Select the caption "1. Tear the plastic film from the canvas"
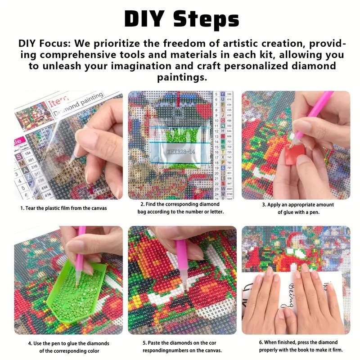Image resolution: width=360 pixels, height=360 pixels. [63, 208]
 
